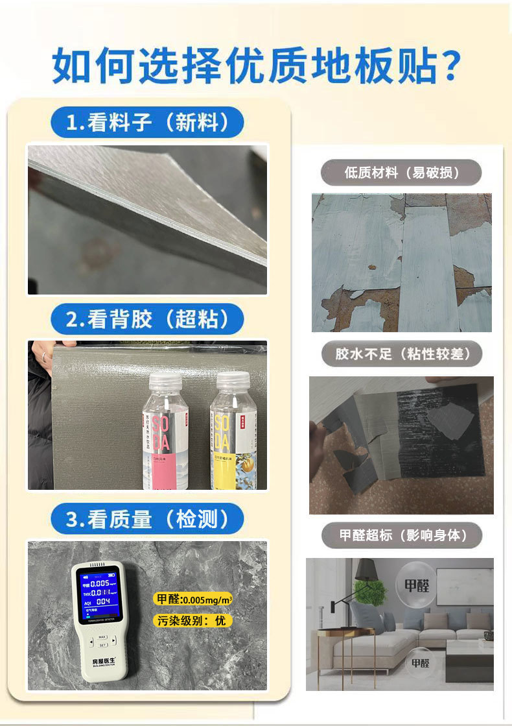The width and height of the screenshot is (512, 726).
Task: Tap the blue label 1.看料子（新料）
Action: click(147, 122)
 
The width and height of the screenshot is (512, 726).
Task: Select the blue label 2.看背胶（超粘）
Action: click(147, 319)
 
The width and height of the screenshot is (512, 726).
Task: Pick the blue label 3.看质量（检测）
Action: click(147, 518)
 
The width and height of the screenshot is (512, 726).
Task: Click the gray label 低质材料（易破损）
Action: click(402, 173)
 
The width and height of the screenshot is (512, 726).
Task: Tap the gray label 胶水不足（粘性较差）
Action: click(402, 354)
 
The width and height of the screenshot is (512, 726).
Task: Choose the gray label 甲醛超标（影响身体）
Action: click(402, 535)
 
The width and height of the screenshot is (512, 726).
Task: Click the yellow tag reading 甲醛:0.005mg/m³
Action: click(192, 599)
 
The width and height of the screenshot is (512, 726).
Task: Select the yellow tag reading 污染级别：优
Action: click(192, 621)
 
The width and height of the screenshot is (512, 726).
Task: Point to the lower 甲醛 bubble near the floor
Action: click(419, 662)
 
